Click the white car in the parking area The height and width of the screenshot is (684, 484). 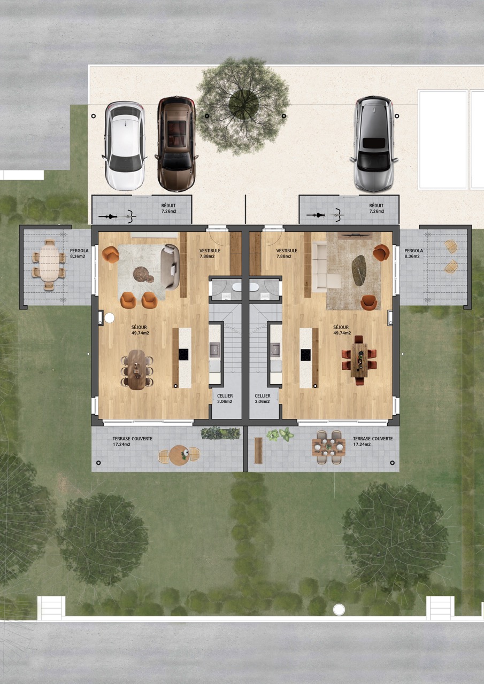pyautogui.click(x=125, y=145)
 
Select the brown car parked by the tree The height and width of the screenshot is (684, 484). pyautogui.click(x=176, y=144)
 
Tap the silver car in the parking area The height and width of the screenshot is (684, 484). pyautogui.click(x=374, y=144)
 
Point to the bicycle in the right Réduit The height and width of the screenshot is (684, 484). pyautogui.click(x=325, y=215)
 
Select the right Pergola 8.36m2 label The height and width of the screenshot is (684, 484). pyautogui.click(x=414, y=253)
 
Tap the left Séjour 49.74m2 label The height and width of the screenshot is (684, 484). pyautogui.click(x=140, y=330)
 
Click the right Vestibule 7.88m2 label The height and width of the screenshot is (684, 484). pyautogui.click(x=287, y=253)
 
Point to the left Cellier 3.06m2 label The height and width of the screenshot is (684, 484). pyautogui.click(x=225, y=399)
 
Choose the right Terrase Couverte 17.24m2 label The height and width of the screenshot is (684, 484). pyautogui.click(x=373, y=441)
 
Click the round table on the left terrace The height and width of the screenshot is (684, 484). pyautogui.click(x=179, y=455)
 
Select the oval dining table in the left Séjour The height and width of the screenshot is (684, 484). pyautogui.click(x=136, y=369)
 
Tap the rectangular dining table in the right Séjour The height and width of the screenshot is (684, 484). pyautogui.click(x=359, y=360)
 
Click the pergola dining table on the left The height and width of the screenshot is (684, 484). pyautogui.click(x=49, y=265)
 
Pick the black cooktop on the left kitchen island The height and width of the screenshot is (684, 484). pyautogui.click(x=183, y=354)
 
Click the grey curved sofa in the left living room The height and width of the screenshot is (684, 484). pyautogui.click(x=170, y=267)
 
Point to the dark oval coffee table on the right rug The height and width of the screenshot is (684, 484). pyautogui.click(x=359, y=270)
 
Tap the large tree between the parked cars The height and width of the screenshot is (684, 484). pyautogui.click(x=243, y=106)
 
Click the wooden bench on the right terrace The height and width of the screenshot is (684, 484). pyautogui.click(x=258, y=450)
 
